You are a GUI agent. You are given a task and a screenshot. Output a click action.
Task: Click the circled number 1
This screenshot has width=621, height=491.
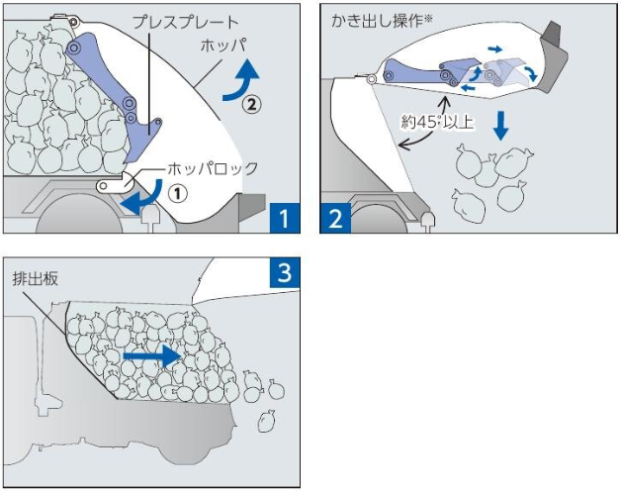click(176, 194)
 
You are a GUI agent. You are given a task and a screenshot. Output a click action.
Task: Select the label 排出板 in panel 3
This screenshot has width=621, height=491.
click(37, 279)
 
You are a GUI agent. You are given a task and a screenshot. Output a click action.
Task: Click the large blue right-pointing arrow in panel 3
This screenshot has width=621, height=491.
click(152, 354)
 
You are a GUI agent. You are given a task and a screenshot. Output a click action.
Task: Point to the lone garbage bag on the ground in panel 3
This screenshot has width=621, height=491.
click(264, 422)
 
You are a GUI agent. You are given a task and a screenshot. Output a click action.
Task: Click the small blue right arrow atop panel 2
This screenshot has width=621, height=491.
click(496, 48)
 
